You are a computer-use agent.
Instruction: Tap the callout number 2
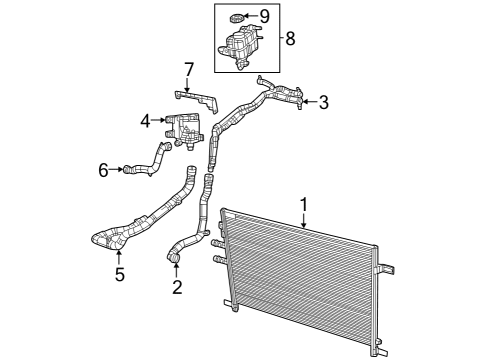177,289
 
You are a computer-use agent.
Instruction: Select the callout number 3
323,102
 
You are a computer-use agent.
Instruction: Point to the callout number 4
146,120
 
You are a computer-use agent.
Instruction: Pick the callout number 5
119,274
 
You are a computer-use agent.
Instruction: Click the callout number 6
103,170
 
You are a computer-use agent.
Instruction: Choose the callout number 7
186,69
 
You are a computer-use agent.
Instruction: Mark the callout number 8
290,39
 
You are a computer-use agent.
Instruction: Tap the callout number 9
264,16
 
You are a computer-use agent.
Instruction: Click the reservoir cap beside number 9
236,17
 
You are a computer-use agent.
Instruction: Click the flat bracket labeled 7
200,99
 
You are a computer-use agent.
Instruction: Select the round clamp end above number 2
175,262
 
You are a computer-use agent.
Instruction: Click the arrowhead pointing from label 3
306,102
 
